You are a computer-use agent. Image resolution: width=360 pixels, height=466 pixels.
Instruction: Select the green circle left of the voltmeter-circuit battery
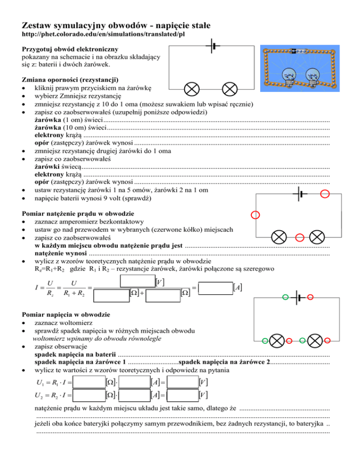[x=285, y=296]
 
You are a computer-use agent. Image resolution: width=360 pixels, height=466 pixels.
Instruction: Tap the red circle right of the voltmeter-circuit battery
[x=310, y=296]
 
